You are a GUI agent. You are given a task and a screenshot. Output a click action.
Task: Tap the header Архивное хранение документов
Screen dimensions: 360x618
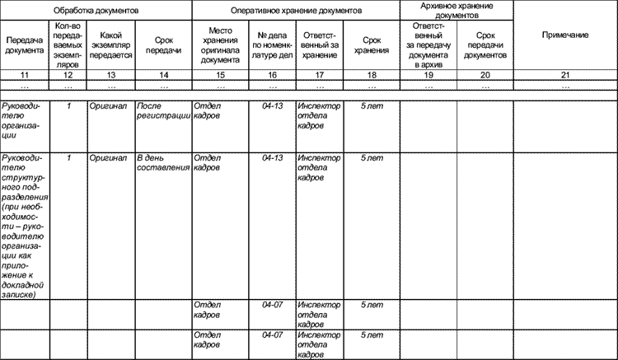pyautogui.click(x=456, y=10)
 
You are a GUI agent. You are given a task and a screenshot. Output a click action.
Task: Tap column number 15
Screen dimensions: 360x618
pyautogui.click(x=220, y=75)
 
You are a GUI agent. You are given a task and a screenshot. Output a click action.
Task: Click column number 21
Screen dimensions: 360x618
pyautogui.click(x=564, y=75)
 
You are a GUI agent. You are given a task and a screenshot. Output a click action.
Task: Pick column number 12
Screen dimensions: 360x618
pyautogui.click(x=69, y=75)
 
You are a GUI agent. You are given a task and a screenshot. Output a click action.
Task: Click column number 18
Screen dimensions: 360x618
pyautogui.click(x=372, y=75)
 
